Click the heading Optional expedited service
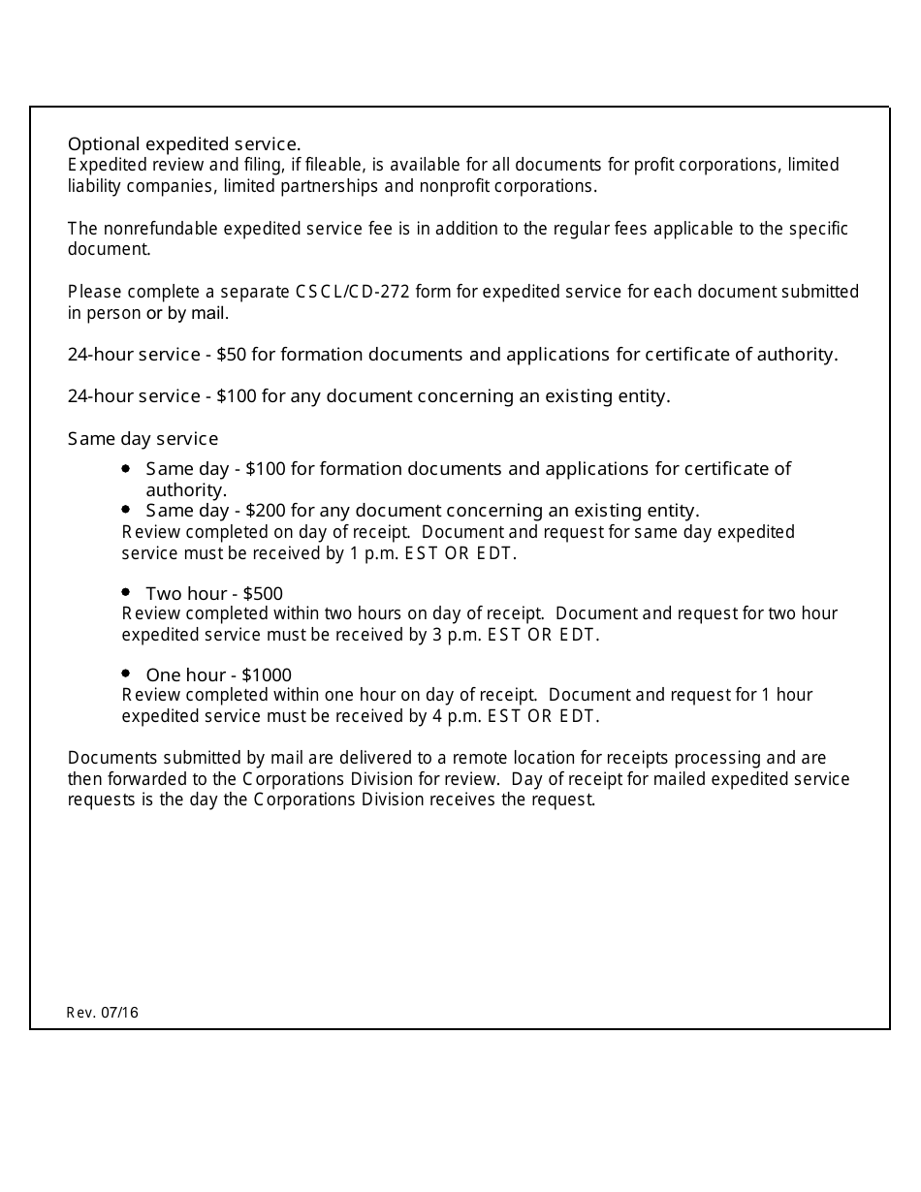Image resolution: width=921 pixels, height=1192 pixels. tap(184, 143)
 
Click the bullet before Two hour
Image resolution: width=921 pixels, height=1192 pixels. tap(126, 591)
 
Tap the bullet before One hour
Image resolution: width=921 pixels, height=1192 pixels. tap(126, 673)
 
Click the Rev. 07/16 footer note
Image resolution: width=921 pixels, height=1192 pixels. tap(103, 1013)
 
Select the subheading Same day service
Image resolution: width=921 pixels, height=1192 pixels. tap(143, 439)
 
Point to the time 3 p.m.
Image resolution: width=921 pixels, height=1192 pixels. tap(454, 636)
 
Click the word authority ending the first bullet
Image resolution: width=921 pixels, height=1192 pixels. tap(184, 490)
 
